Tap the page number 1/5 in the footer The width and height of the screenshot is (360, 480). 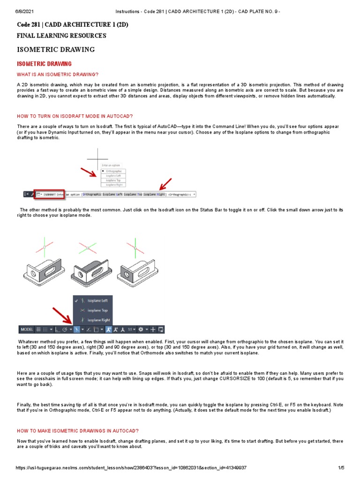[341, 468]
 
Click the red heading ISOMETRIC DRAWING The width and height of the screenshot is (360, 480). [45, 64]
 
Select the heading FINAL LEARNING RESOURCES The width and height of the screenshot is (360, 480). [61, 36]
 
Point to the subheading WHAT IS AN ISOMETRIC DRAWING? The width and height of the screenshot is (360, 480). [58, 75]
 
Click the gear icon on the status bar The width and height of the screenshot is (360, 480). [141, 330]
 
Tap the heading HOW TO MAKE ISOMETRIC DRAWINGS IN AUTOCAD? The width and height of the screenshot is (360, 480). [78, 430]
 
